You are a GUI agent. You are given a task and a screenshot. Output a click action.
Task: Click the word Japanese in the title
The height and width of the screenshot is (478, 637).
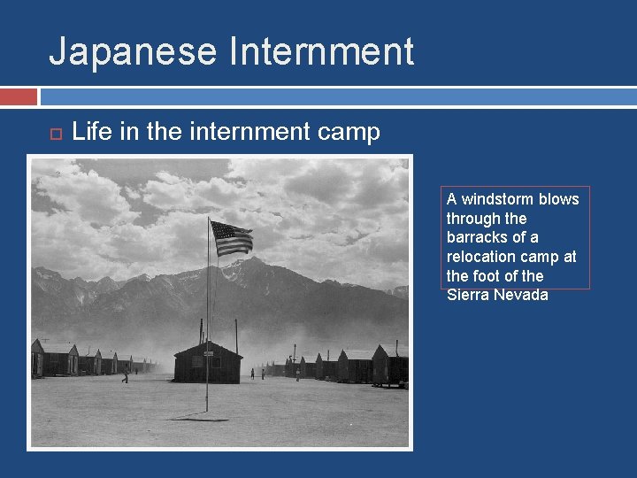pos(133,51)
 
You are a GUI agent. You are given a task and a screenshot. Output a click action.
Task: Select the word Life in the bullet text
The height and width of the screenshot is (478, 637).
pos(91,133)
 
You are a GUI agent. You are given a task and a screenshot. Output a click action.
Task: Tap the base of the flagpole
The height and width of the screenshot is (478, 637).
pos(207,409)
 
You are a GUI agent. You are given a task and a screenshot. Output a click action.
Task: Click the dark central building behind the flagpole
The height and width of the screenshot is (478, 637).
pos(208,363)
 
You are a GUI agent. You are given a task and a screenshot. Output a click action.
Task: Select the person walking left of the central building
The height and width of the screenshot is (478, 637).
pos(125,376)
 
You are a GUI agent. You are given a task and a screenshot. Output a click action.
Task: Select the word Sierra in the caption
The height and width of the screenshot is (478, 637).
pos(469,295)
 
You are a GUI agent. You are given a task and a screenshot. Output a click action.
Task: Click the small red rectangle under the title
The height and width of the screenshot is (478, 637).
pos(19,96)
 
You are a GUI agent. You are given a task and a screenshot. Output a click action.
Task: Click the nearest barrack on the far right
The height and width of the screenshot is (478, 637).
pos(389,365)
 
